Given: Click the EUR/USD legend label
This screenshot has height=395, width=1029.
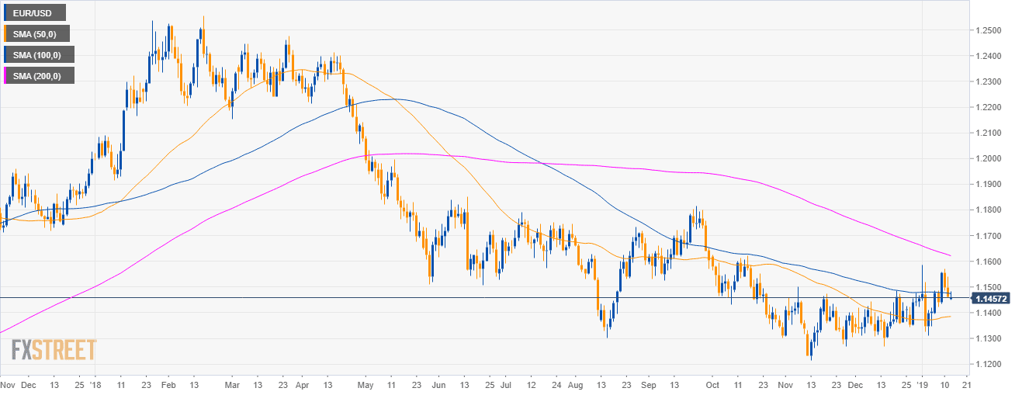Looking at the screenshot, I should pyautogui.click(x=34, y=12).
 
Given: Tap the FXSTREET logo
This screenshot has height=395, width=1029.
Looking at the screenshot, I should pyautogui.click(x=54, y=350).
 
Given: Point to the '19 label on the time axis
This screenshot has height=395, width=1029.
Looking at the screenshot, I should pyautogui.click(x=922, y=384).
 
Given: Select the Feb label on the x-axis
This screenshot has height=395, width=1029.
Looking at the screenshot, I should pyautogui.click(x=166, y=384).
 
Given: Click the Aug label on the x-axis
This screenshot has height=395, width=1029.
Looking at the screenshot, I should pyautogui.click(x=575, y=384).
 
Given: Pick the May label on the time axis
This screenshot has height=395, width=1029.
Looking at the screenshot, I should pyautogui.click(x=367, y=384).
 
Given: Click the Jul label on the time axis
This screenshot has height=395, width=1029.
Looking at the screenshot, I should pyautogui.click(x=505, y=384).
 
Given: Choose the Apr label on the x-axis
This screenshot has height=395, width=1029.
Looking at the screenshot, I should pyautogui.click(x=302, y=384).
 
